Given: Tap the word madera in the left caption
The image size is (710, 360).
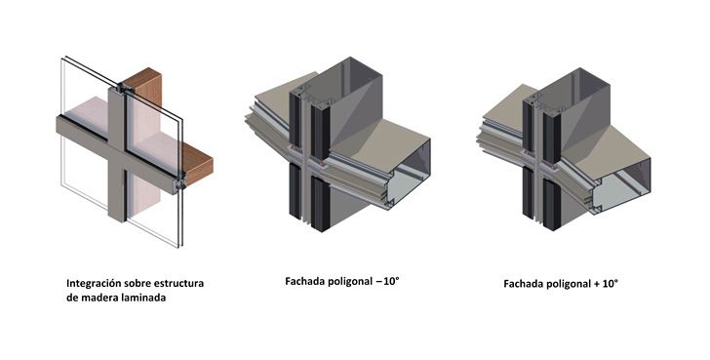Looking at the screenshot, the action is click(x=97, y=298).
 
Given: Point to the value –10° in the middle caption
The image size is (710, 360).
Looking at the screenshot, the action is click(x=387, y=281).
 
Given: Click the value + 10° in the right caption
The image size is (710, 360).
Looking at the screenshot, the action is click(x=606, y=284).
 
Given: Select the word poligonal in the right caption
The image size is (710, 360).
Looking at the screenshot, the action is click(x=569, y=284).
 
